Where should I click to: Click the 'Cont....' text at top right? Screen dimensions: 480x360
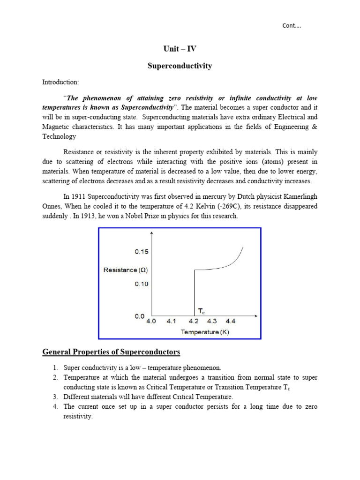pyautogui.click(x=292, y=26)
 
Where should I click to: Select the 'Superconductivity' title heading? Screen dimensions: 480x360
pyautogui.click(x=180, y=66)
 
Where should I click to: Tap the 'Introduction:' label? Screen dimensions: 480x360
pyautogui.click(x=61, y=82)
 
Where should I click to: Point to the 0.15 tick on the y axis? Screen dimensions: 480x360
pyautogui.click(x=142, y=252)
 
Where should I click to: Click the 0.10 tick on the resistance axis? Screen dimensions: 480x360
pyautogui.click(x=142, y=284)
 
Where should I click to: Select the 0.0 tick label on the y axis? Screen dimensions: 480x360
pyautogui.click(x=139, y=316)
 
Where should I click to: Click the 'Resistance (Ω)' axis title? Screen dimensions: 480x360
pyautogui.click(x=126, y=270)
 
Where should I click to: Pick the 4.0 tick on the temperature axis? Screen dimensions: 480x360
pyautogui.click(x=152, y=322)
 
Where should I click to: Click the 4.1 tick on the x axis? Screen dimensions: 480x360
pyautogui.click(x=172, y=322)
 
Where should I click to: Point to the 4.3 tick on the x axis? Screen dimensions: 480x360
pyautogui.click(x=211, y=322)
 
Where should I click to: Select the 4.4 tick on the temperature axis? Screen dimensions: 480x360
pyautogui.click(x=231, y=322)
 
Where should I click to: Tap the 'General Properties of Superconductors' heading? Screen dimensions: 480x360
pyautogui.click(x=111, y=352)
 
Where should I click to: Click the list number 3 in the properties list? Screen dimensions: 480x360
pyautogui.click(x=54, y=397)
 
